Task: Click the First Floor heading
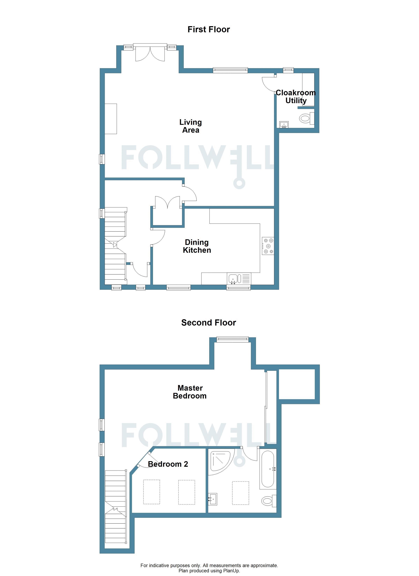click(209, 29)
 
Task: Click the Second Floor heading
click(209, 323)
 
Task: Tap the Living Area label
click(191, 126)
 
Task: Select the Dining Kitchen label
click(197, 246)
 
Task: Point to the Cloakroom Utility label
click(296, 97)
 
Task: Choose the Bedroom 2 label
click(168, 464)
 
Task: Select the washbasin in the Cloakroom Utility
click(284, 124)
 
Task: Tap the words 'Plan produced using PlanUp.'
click(209, 571)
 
